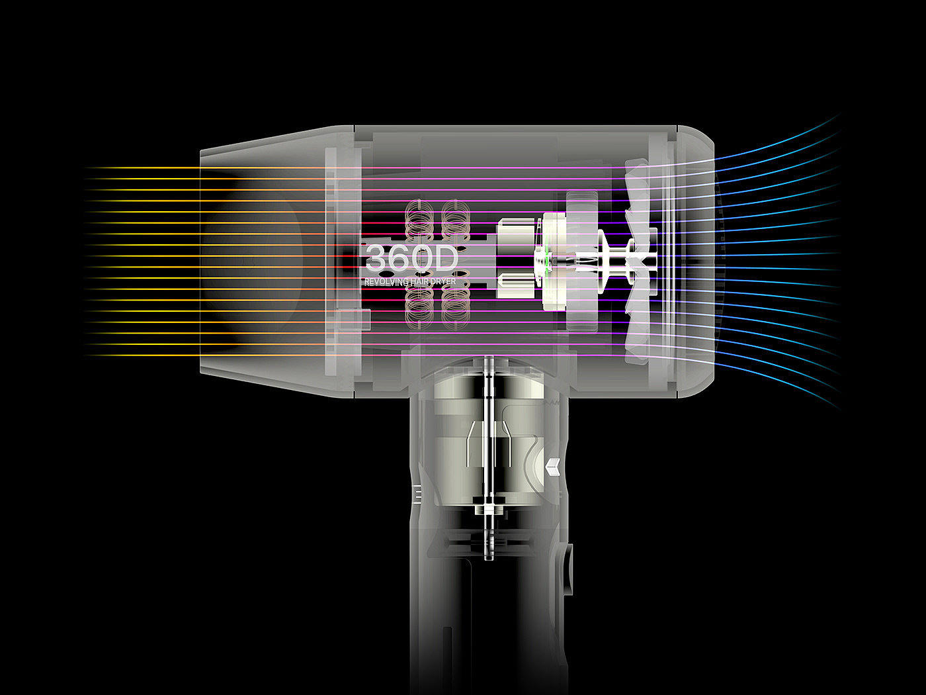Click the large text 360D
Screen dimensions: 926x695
click(411, 258)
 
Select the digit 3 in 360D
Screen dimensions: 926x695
click(376, 258)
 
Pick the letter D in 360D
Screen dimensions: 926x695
click(446, 258)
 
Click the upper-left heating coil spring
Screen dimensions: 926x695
click(419, 220)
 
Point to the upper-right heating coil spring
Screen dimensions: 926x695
click(456, 220)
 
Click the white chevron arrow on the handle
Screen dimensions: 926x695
click(553, 467)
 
